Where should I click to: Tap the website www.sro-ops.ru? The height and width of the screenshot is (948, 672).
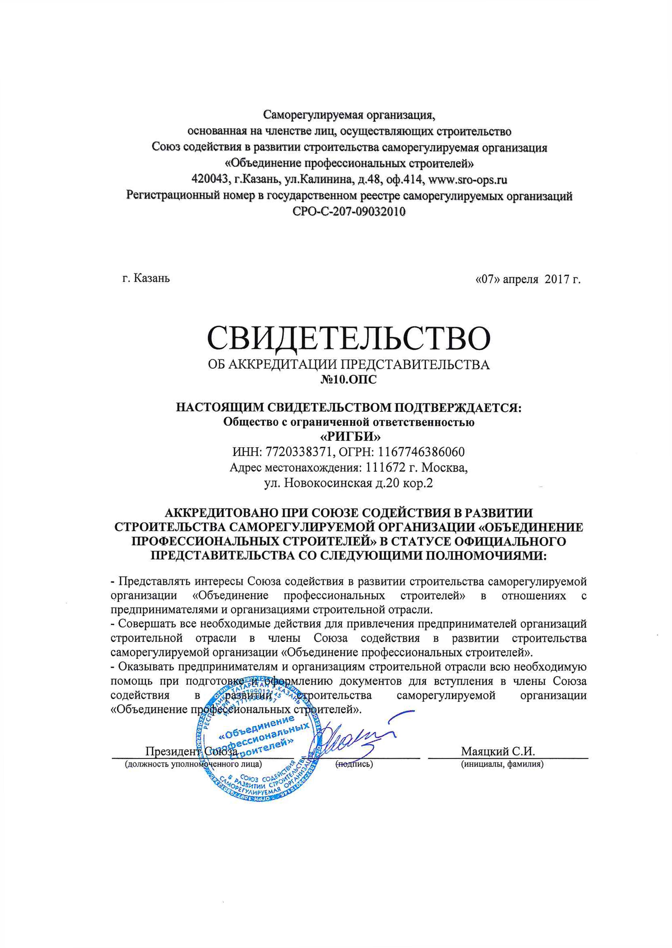[468, 180]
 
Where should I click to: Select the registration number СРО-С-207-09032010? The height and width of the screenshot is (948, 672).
[349, 212]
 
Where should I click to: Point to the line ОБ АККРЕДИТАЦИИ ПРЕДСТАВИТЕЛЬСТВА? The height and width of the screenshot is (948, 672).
[349, 365]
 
